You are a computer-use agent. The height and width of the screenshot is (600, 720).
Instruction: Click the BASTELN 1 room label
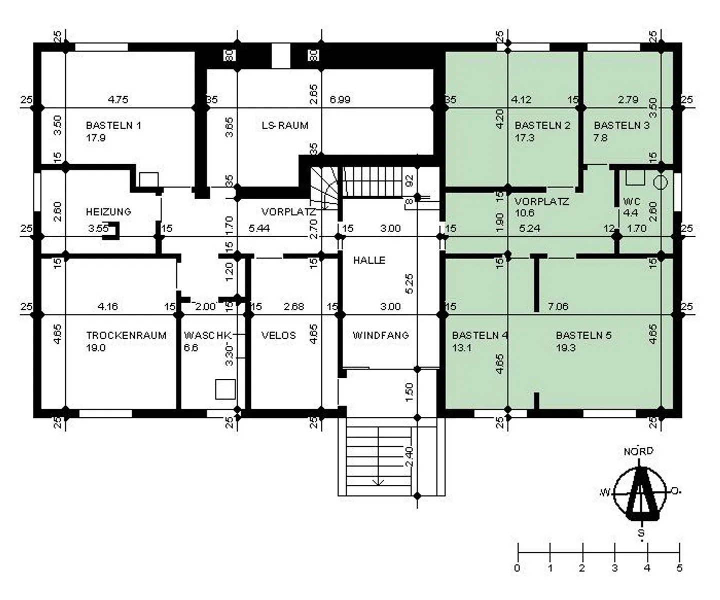[113, 125]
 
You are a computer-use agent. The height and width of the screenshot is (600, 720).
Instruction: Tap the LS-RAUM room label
[285, 125]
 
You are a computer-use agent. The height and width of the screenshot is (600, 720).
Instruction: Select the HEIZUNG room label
[108, 212]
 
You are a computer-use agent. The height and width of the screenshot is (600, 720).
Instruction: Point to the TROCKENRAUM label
[126, 335]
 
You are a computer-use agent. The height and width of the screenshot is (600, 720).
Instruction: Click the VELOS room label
[278, 335]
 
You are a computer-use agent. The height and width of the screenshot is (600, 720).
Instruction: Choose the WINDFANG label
[380, 335]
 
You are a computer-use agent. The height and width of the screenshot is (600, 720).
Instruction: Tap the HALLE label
[369, 260]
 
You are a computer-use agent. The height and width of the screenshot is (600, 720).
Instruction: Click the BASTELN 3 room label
[621, 125]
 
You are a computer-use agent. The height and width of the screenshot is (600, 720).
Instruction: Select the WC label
[631, 202]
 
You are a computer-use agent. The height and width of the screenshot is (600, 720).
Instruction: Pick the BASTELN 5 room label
[583, 335]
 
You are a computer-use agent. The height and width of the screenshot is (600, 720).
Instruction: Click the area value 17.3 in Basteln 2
[524, 138]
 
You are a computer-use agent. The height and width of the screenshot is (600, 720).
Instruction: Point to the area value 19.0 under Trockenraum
[95, 348]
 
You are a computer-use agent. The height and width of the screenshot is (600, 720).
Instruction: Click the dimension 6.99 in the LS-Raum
[340, 100]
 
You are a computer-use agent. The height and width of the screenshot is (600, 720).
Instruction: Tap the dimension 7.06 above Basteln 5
[558, 306]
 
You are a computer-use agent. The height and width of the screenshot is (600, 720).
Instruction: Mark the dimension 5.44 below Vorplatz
[259, 228]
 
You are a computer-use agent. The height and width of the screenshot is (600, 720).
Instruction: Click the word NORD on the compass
[638, 451]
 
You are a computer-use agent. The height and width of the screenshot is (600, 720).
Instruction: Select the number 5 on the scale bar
[679, 568]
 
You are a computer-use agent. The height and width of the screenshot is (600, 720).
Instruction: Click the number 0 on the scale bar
[517, 568]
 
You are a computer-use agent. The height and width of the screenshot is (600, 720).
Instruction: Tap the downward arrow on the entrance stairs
[378, 481]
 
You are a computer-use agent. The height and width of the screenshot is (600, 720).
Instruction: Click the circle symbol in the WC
[660, 183]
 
